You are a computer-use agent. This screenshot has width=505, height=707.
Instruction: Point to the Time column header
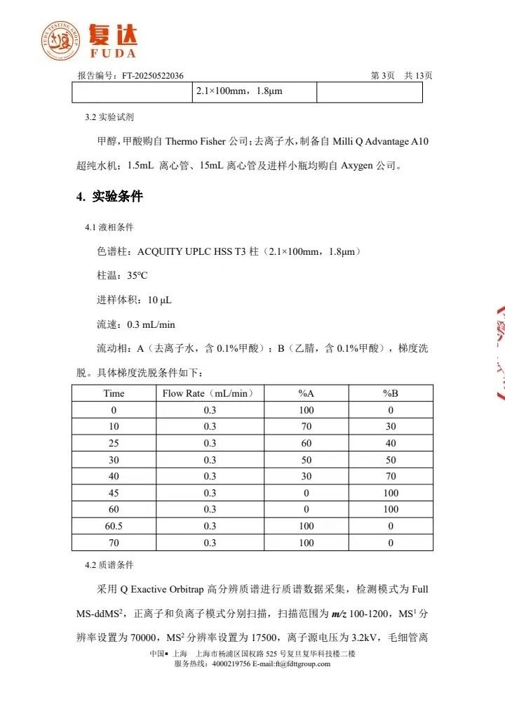pyautogui.click(x=114, y=393)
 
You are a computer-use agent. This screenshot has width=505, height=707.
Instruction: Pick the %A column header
pyautogui.click(x=307, y=393)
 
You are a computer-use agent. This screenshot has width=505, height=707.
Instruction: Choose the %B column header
pyautogui.click(x=391, y=393)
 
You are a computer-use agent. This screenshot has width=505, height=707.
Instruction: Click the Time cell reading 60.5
pyautogui.click(x=114, y=526)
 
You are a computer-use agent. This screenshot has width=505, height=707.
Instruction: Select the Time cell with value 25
pyautogui.click(x=114, y=443)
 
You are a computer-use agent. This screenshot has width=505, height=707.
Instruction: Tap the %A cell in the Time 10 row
pyautogui.click(x=307, y=426)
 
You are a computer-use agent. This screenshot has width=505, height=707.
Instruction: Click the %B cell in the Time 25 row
pyautogui.click(x=391, y=443)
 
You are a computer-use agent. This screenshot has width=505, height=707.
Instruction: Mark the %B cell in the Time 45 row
pyautogui.click(x=391, y=493)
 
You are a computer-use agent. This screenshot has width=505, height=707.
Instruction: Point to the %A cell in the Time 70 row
pyautogui.click(x=307, y=543)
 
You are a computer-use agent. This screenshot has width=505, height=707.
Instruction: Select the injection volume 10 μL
pyautogui.click(x=159, y=300)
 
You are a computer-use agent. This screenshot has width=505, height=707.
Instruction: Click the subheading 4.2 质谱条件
pyautogui.click(x=109, y=564)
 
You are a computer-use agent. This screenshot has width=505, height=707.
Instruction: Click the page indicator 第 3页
pyautogui.click(x=382, y=76)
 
